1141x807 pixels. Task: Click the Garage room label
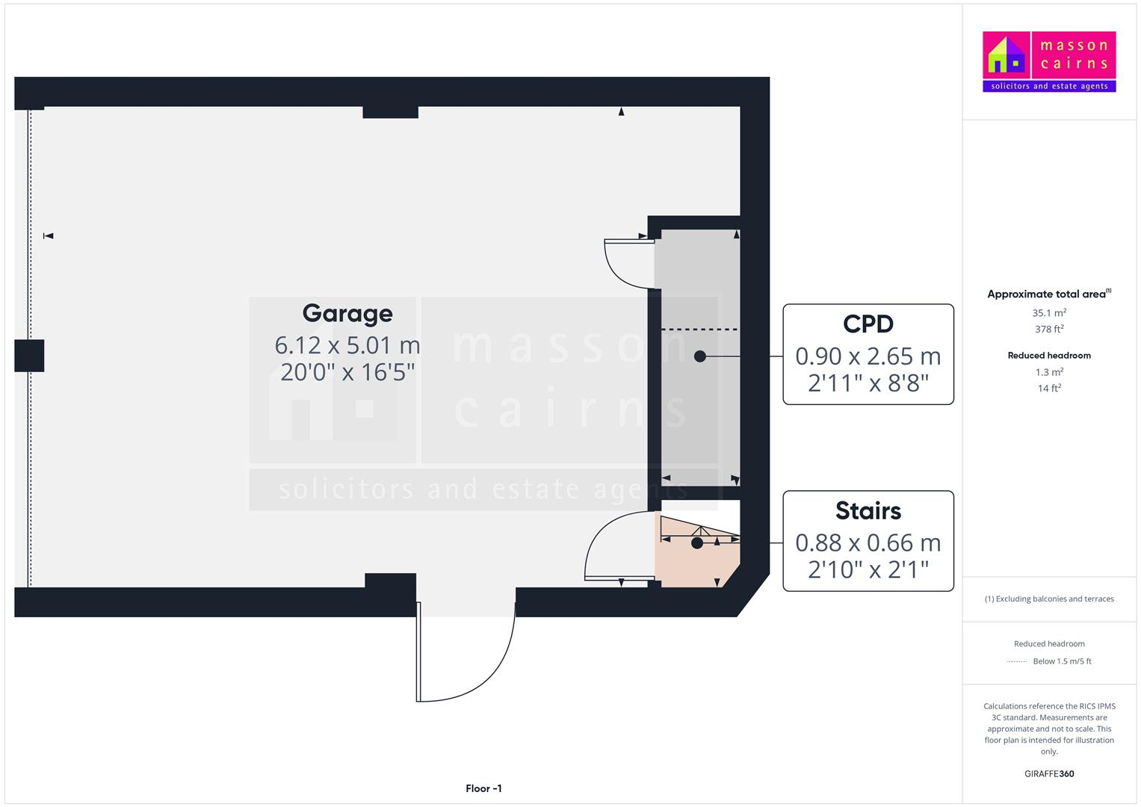click(x=347, y=314)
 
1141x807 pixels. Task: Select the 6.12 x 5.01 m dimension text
click(x=347, y=345)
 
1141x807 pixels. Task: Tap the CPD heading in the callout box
click(x=868, y=324)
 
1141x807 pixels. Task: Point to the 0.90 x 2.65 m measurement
click(x=868, y=356)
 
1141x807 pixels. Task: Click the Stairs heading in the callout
click(x=868, y=510)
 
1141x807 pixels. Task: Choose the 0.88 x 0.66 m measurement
click(x=868, y=542)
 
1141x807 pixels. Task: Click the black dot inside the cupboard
click(x=700, y=356)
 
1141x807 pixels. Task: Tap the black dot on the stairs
click(x=697, y=543)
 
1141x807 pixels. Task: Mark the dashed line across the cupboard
click(x=699, y=330)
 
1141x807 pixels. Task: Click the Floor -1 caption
click(x=483, y=788)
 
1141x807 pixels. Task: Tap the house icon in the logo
click(x=1006, y=55)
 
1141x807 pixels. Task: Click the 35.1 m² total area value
click(x=1049, y=313)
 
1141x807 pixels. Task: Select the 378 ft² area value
click(x=1049, y=329)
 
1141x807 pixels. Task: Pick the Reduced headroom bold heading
click(x=1049, y=356)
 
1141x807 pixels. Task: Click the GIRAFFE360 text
click(x=1049, y=773)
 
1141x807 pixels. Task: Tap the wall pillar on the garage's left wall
click(x=30, y=356)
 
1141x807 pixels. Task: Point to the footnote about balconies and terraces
click(x=1049, y=599)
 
